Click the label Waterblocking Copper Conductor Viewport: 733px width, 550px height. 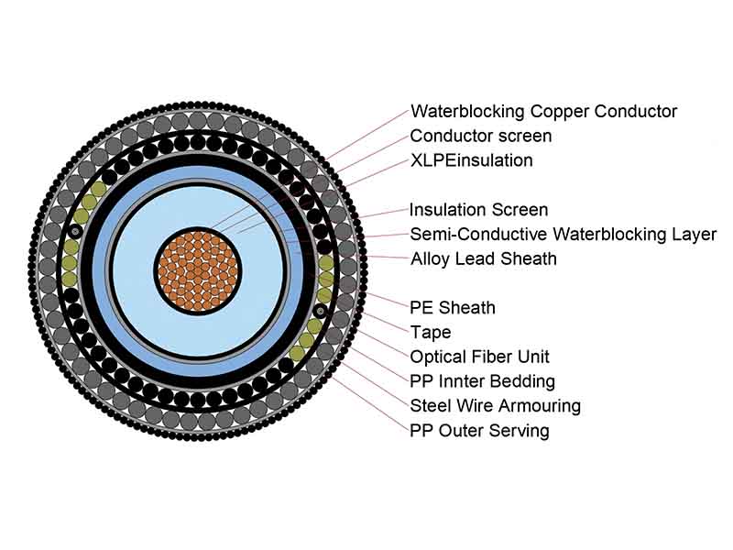(543, 112)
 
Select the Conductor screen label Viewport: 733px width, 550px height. (480, 136)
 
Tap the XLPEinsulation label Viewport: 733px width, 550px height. (471, 160)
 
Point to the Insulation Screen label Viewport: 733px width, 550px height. (478, 210)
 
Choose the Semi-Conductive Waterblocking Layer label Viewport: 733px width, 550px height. (563, 235)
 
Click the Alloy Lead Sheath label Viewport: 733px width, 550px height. (483, 258)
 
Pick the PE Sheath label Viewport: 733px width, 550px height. (454, 307)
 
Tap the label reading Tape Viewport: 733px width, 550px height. (430, 332)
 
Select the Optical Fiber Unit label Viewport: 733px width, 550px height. (479, 357)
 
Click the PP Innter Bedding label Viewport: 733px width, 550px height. (482, 380)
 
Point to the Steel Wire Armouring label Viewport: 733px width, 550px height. (495, 405)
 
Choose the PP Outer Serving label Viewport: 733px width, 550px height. (479, 430)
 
